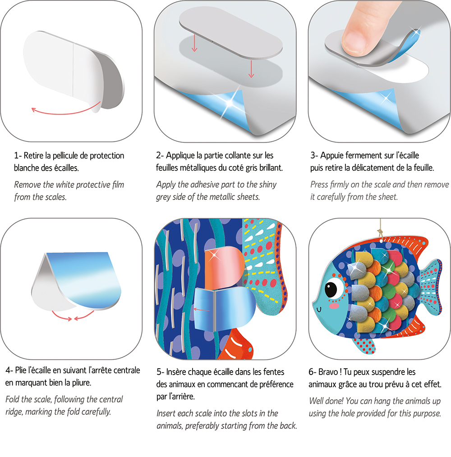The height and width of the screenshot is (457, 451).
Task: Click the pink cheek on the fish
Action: point(334,306)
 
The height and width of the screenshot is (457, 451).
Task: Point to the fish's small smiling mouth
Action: point(319,309)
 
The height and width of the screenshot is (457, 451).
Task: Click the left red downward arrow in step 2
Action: point(194,42)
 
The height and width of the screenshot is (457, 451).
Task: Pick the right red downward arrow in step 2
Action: point(251,68)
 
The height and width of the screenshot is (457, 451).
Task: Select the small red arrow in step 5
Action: point(202,310)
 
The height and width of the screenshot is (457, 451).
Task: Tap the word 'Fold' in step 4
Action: point(13,399)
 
